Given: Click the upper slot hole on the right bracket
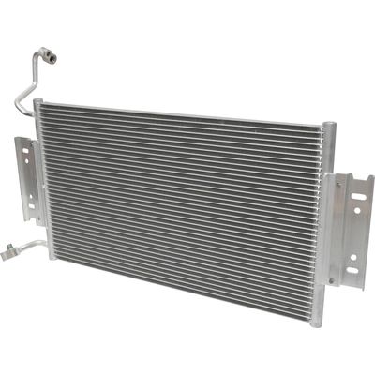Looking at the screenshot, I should point(358,195).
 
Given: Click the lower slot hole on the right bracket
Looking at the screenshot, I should point(352,271).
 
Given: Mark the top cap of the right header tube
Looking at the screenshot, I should point(326,125).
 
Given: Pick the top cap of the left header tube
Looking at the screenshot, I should point(37,102).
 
